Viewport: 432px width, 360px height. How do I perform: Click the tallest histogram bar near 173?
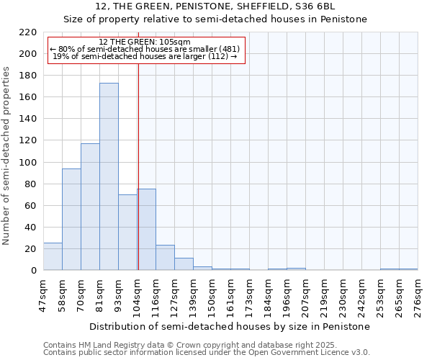109,176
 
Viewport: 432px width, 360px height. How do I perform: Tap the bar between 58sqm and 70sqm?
71,220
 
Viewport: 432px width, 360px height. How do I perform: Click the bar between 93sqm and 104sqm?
127,233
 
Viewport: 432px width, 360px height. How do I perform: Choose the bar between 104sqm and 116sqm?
146,230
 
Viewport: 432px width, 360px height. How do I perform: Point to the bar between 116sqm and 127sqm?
165,258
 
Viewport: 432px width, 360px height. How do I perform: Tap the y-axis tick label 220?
28,32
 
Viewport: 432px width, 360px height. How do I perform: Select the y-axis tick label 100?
28,163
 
